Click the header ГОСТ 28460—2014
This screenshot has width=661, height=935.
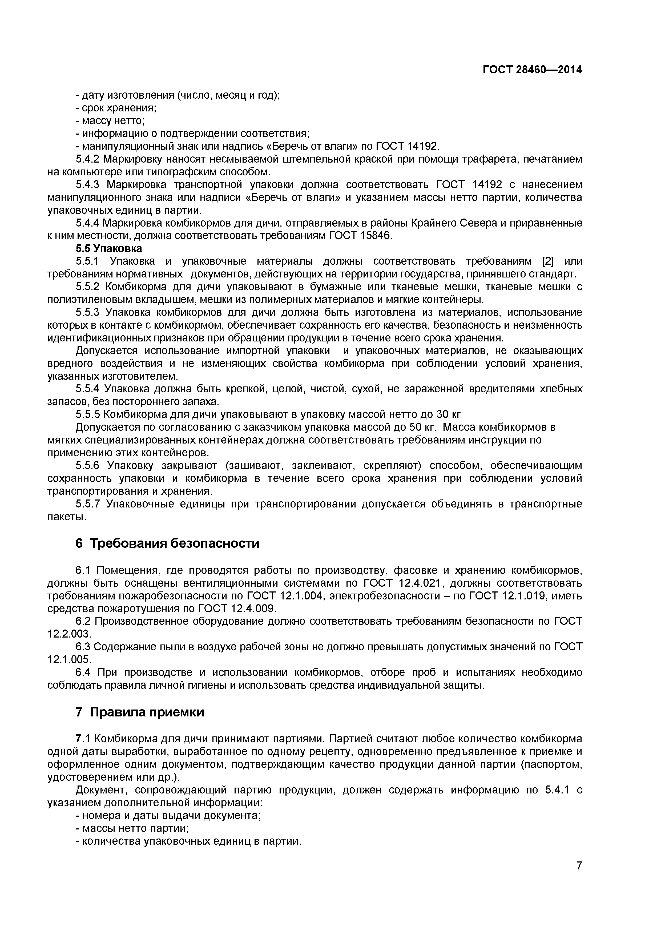tap(532, 70)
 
